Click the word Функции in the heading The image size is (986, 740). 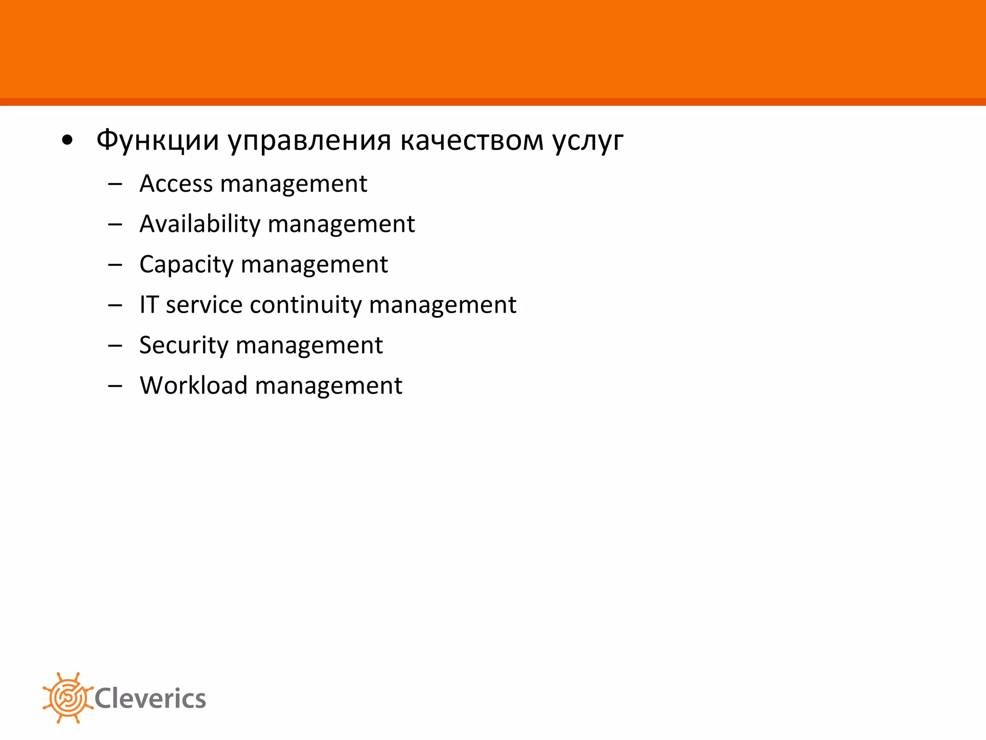[x=157, y=140]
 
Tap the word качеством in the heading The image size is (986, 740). [x=471, y=140]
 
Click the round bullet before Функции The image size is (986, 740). [x=67, y=141]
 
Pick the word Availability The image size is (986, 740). [x=200, y=224]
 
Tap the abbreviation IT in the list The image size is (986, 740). [x=149, y=304]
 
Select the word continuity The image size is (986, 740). [x=306, y=305]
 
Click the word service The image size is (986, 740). [x=204, y=305]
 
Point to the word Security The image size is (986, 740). [x=183, y=345]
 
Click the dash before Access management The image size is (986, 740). [x=115, y=184]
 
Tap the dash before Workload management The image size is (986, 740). [x=115, y=386]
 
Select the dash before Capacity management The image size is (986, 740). [x=115, y=265]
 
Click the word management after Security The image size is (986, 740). [x=309, y=345]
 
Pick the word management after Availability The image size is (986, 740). [x=341, y=224]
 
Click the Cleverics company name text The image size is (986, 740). [x=150, y=699]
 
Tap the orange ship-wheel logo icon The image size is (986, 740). [x=67, y=698]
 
